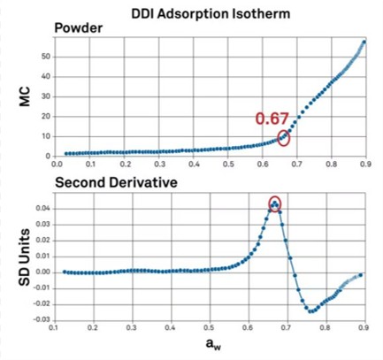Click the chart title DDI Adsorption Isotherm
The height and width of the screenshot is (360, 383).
pos(211,14)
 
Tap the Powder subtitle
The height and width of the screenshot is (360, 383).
pos(79,28)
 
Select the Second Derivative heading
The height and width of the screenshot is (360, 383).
pos(116,182)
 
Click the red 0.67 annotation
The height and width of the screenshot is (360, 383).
pos(272,119)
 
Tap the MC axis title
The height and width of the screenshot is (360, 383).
pos(25,96)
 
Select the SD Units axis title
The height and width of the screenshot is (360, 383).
pos(24,257)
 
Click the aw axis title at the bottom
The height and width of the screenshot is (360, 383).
pos(213,344)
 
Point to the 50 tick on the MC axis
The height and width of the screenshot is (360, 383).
pos(46,57)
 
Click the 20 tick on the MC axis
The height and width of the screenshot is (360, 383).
pos(46,117)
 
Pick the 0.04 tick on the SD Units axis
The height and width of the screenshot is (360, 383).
pos(43,209)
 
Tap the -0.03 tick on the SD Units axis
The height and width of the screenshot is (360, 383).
pos(42,320)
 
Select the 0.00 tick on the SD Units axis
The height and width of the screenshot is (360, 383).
pos(43,272)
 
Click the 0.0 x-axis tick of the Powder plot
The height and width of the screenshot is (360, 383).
pos(56,164)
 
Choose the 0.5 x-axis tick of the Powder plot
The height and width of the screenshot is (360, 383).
pos(228,164)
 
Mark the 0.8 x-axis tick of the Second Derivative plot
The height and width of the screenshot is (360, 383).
pos(326,327)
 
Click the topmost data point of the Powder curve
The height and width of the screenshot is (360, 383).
pos(364,42)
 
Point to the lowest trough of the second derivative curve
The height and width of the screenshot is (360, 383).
pos(310,311)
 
